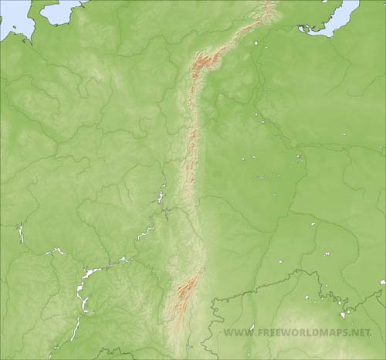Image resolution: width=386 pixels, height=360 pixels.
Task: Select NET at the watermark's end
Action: point(361,333)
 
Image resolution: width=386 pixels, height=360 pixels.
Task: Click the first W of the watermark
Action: point(227,333)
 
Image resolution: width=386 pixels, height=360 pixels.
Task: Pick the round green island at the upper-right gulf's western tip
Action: point(303,29)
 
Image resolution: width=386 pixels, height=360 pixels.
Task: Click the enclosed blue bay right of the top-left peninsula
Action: point(59,11)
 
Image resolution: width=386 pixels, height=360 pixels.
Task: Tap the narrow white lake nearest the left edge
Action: point(21,233)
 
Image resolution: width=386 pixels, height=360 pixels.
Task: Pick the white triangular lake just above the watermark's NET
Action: point(343,315)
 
